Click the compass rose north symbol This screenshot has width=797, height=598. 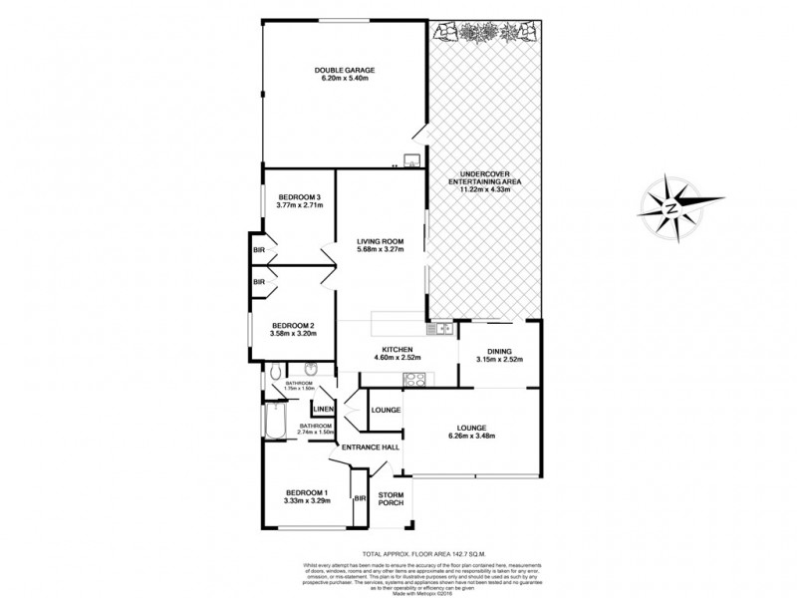coord(670,207)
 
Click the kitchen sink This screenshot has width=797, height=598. coord(440,328)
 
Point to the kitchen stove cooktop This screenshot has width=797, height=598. coord(413,378)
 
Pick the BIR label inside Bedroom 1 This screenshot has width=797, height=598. coord(360,497)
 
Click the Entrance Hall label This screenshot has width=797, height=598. coord(371,448)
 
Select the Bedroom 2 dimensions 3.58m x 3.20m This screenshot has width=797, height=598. coord(292,333)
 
